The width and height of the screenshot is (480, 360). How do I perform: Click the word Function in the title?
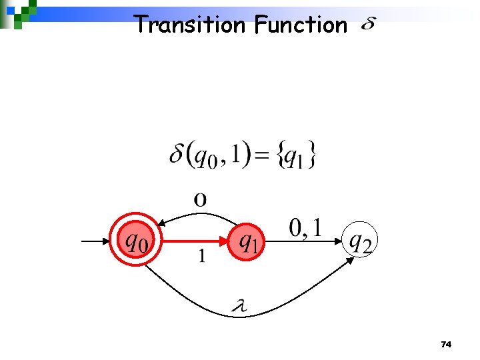301,25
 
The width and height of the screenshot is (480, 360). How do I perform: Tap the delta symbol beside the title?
367,25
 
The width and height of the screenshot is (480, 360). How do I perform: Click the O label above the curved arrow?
199,199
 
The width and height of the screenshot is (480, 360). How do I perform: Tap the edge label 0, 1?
306,228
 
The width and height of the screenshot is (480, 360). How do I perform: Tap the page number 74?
447,345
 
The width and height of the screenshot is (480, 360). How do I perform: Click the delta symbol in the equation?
177,155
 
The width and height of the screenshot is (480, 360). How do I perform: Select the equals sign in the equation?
265,157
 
